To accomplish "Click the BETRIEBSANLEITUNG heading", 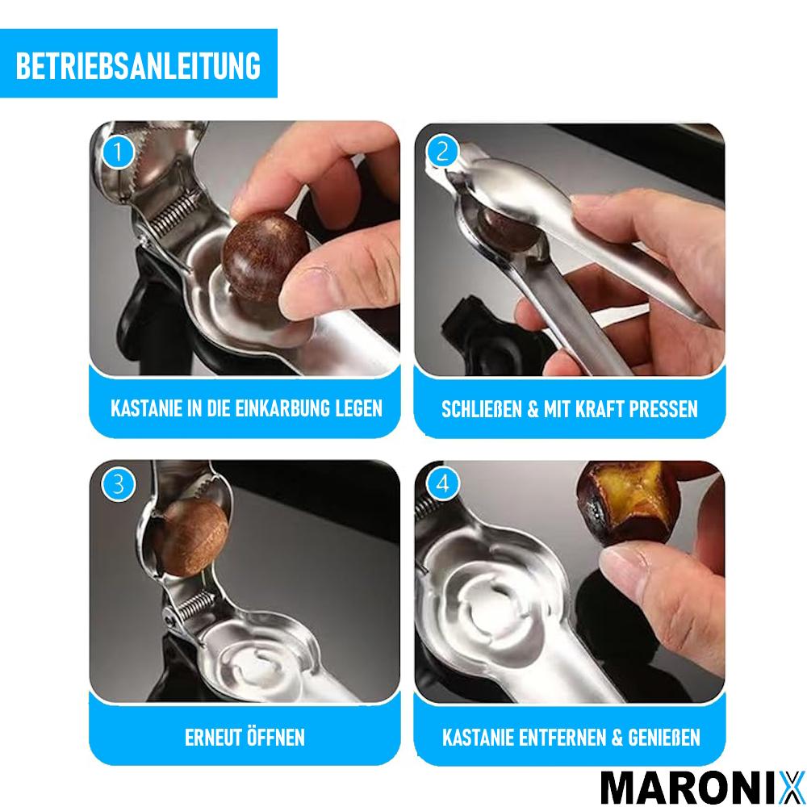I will click(x=138, y=65).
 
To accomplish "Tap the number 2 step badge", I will click(x=441, y=151).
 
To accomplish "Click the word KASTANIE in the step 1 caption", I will click(x=145, y=408).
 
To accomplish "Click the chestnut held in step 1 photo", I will click(x=266, y=254).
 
